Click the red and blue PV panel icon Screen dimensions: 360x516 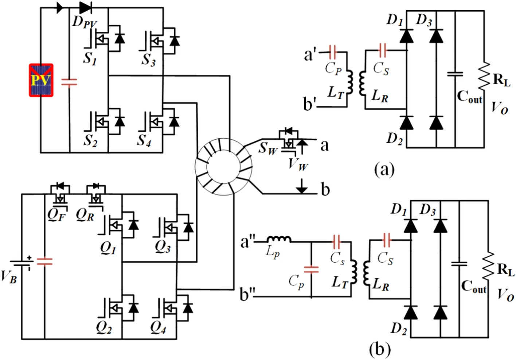coord(41,80)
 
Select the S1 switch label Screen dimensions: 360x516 coord(90,58)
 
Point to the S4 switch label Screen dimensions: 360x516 coord(144,140)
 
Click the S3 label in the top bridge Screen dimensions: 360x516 coord(149,59)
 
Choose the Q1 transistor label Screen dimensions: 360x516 coord(108,248)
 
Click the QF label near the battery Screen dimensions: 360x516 coord(56,216)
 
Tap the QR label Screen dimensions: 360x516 coord(85,216)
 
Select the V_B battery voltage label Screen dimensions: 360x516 coord(9,277)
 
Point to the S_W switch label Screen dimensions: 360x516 coord(268,148)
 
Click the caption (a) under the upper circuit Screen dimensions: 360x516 coord(384,169)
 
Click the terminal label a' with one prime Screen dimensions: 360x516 coord(310,55)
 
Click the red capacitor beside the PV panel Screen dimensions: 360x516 coord(69,83)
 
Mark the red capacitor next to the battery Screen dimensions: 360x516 coord(45,261)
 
